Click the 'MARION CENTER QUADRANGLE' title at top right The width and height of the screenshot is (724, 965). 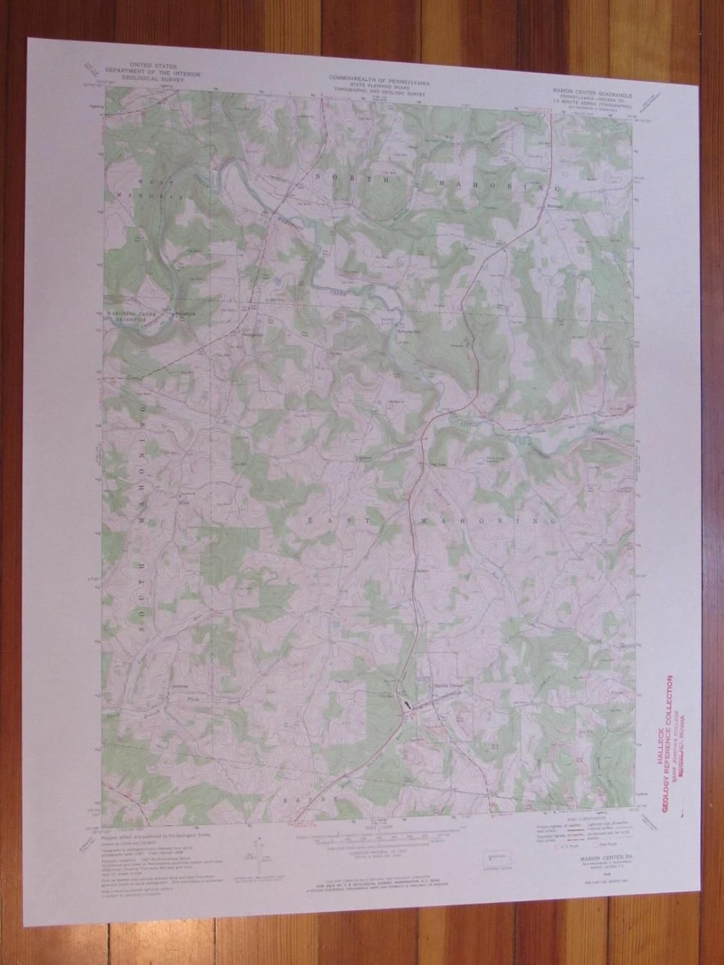[x=595, y=93]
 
